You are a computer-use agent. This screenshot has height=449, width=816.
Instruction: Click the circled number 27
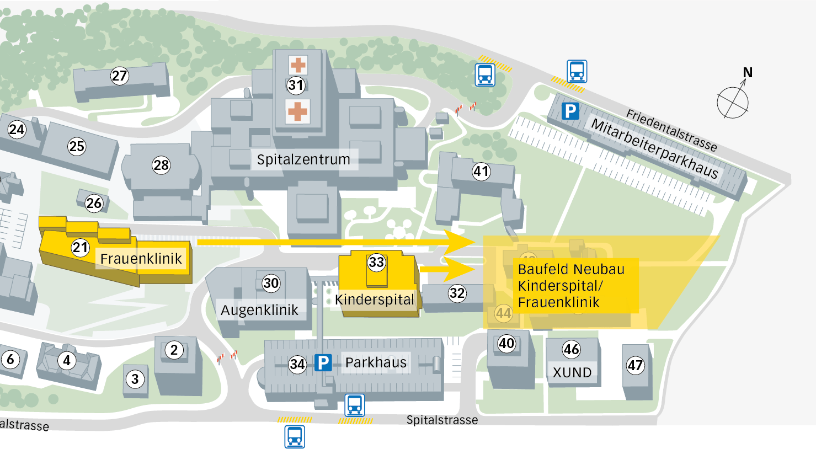(x=119, y=76)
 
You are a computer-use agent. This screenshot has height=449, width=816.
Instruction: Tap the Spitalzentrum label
(x=303, y=159)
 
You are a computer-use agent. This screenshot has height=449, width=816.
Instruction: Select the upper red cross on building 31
(x=298, y=65)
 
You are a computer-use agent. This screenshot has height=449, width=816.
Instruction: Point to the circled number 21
(x=81, y=248)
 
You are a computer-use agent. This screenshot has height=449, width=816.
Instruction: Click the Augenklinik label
(x=259, y=310)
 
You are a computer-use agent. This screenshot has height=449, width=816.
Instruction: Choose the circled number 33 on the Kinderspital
(x=376, y=262)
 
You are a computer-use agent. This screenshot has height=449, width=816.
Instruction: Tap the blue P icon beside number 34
(x=323, y=362)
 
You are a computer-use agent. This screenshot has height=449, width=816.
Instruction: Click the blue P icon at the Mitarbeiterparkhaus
(x=570, y=111)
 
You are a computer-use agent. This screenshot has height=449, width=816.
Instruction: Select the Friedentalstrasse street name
(x=671, y=130)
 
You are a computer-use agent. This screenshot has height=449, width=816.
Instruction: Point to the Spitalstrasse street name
(x=442, y=420)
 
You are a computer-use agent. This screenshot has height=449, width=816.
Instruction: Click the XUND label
(x=572, y=372)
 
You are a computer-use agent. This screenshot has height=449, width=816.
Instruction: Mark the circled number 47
(x=635, y=365)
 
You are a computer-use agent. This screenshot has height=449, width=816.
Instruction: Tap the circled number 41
(x=481, y=172)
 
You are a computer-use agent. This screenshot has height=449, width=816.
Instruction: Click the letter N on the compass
(x=748, y=72)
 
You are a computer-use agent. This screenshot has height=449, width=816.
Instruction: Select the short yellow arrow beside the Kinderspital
(x=447, y=269)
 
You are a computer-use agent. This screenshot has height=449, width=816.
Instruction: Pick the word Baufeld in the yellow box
(x=542, y=269)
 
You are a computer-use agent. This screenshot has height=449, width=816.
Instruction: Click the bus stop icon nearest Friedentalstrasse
(x=577, y=71)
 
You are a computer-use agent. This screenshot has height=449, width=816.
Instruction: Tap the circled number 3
(x=135, y=379)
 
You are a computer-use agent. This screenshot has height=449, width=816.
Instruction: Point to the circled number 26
(x=94, y=203)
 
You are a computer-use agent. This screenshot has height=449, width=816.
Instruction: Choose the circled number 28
(x=161, y=165)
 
